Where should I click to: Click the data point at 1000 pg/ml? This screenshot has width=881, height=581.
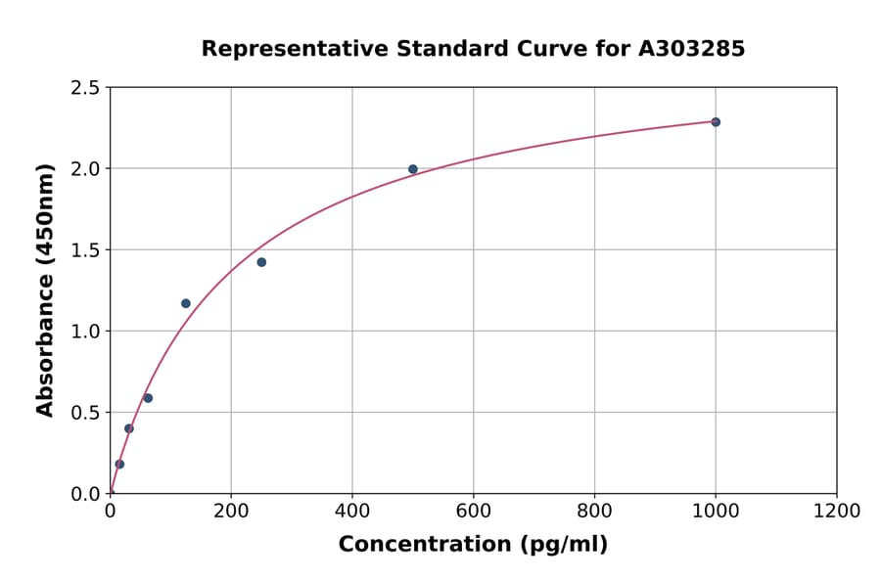point(716,122)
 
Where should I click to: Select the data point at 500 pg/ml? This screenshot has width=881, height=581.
point(413,169)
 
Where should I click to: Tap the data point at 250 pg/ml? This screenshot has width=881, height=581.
point(261,262)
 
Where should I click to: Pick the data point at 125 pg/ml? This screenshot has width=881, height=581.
point(186,303)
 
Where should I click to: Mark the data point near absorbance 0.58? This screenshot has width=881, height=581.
point(148,398)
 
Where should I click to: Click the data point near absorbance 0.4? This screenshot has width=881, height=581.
point(129,428)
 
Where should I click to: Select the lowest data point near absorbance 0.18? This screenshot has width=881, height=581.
point(119,465)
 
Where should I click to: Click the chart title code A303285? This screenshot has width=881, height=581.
point(691,49)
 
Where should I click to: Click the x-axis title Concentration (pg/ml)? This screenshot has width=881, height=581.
point(473,545)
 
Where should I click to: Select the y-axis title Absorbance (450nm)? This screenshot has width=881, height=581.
point(45,290)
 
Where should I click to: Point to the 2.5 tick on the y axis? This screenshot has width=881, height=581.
point(86,88)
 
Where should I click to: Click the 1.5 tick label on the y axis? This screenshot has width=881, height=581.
point(86,250)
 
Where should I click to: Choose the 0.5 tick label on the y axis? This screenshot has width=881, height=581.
point(86,413)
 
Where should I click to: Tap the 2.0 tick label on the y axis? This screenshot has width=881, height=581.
point(86,169)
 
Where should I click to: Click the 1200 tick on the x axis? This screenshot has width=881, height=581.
point(836,512)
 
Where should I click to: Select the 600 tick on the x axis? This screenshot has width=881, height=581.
point(473,512)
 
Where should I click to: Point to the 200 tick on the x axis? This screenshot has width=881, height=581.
point(231,512)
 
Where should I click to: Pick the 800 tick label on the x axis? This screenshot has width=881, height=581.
point(594,512)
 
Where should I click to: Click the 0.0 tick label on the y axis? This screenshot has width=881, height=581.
point(86,494)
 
